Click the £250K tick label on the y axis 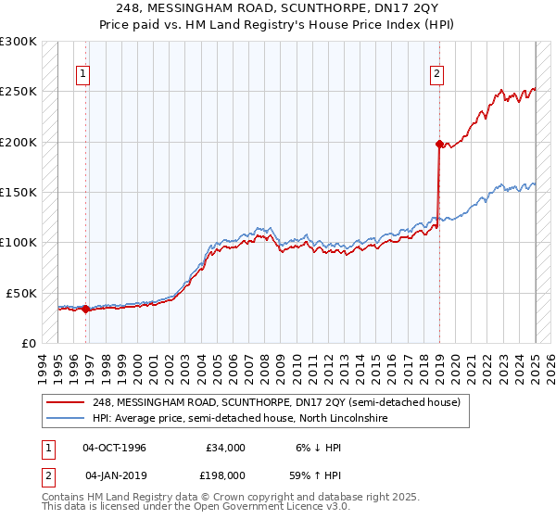[x=19, y=92]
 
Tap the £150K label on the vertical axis [x=19, y=193]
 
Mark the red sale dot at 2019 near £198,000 [x=439, y=144]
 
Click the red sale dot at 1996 [x=86, y=309]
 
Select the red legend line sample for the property [x=66, y=402]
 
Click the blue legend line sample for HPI [x=66, y=419]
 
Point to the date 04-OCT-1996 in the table [x=114, y=448]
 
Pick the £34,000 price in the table [x=222, y=448]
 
